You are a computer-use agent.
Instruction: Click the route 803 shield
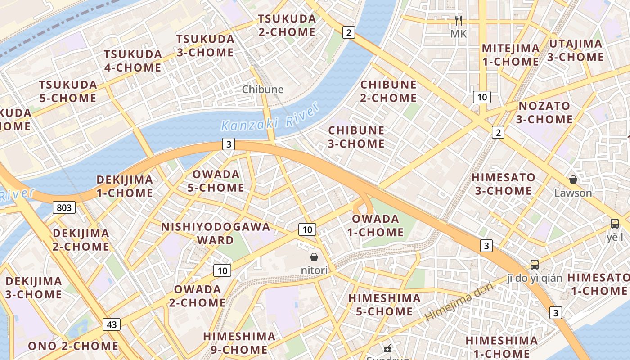pos(64,207)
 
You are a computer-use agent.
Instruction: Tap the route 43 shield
pos(112,324)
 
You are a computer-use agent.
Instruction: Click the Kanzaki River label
pos(270,117)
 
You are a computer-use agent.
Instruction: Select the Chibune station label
pos(263,89)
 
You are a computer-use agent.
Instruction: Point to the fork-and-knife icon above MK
pos(459,21)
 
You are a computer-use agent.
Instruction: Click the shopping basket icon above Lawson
pos(573,180)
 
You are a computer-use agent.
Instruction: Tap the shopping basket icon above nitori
pos(314,257)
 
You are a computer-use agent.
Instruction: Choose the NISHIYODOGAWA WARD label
pos(216,233)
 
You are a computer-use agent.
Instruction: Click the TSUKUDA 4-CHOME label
pos(133,61)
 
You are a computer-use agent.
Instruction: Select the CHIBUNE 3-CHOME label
pos(356,137)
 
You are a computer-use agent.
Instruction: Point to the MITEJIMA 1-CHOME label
pos(510,54)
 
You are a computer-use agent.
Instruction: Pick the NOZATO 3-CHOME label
pos(544,112)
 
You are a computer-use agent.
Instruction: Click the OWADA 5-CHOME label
pos(216,180)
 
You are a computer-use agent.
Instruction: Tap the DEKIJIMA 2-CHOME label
pos(81,240)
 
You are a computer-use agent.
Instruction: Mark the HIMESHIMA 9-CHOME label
pos(239,342)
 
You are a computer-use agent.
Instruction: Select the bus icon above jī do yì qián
pos(535,264)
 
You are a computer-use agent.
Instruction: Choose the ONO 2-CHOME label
pos(73,346)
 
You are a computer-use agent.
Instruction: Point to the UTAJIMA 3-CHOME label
pos(575,50)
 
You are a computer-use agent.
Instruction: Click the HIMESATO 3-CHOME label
pos(504,184)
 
